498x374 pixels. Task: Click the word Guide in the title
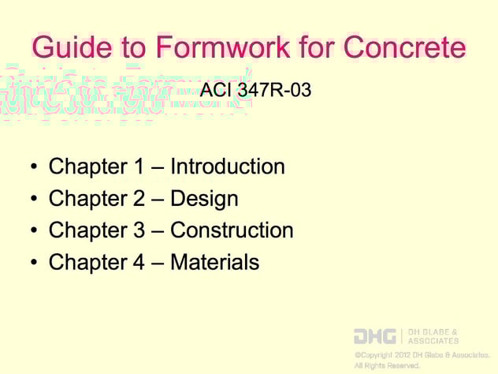click(x=66, y=48)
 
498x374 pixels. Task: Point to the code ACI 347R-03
click(x=255, y=91)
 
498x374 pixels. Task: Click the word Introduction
click(x=228, y=166)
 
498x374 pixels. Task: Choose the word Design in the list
click(x=204, y=198)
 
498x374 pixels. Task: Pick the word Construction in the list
click(x=232, y=230)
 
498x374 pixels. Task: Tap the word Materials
click(x=214, y=262)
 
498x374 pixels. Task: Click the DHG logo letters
click(x=374, y=336)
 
